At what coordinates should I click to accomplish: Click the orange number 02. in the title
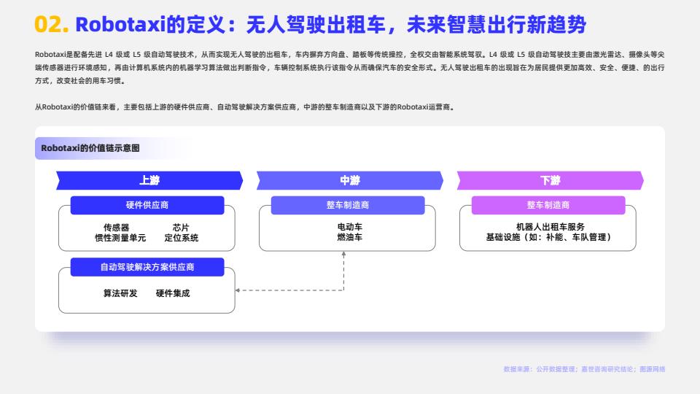click(52, 24)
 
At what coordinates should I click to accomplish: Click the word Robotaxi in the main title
click(120, 24)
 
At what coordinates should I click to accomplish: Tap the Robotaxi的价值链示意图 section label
click(90, 148)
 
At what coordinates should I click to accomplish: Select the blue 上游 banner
click(149, 180)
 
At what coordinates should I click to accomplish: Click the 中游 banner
click(350, 180)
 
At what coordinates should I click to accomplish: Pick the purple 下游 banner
click(551, 180)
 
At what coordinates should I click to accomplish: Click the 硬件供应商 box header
click(147, 205)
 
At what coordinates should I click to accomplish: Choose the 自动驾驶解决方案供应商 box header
click(147, 267)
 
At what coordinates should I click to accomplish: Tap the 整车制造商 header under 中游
click(348, 205)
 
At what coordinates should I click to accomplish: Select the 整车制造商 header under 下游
click(548, 205)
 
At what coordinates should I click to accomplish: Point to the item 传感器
click(116, 228)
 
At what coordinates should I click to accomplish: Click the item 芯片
click(181, 228)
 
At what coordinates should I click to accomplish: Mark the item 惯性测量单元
click(120, 238)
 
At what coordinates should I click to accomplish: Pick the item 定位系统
click(182, 238)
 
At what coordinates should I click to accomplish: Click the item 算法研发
click(120, 293)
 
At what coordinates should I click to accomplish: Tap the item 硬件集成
click(173, 293)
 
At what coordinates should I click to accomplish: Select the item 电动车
click(350, 227)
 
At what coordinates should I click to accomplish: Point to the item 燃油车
click(350, 237)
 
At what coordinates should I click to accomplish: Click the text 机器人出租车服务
click(551, 227)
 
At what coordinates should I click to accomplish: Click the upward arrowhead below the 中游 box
click(343, 254)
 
